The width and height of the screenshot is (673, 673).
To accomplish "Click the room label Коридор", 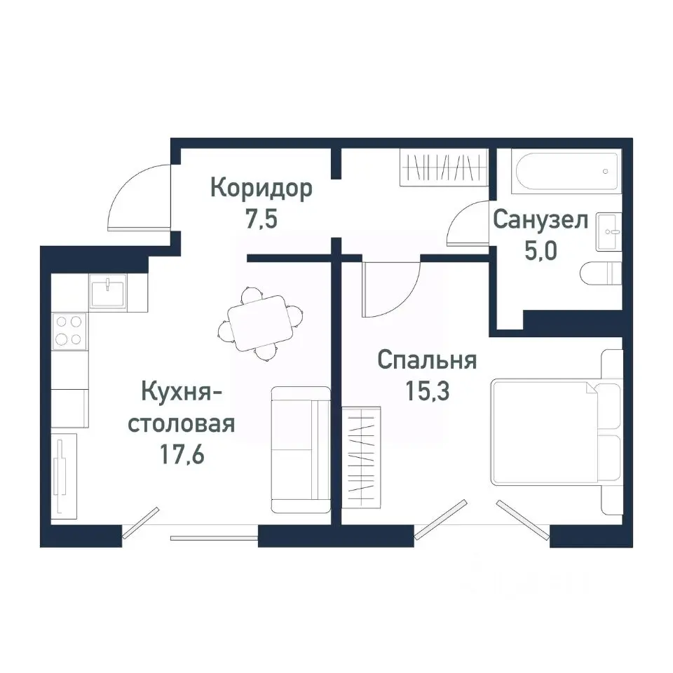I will click(261, 189).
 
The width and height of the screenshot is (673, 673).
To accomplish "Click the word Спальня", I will click(427, 361).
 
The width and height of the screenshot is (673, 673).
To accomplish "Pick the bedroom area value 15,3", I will click(427, 390).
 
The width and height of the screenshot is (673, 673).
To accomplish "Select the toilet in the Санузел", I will click(601, 273).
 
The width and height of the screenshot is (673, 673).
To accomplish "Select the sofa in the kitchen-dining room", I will click(300, 449).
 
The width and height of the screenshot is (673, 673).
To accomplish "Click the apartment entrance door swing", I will click(140, 198).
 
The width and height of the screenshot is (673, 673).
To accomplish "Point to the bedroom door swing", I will click(389, 287).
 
